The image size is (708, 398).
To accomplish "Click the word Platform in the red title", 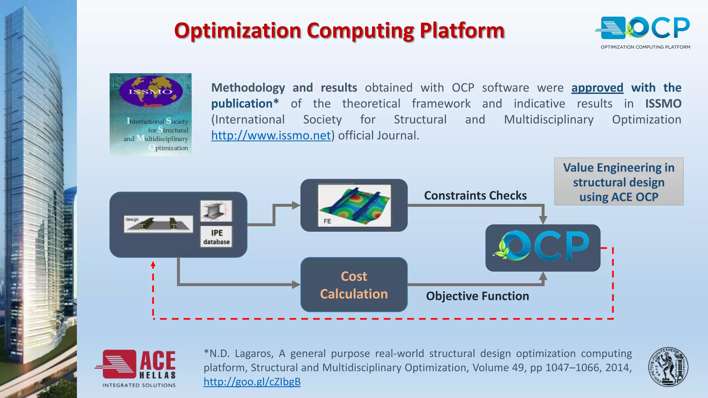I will [462, 31].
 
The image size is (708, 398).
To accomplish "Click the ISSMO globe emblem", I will [151, 91].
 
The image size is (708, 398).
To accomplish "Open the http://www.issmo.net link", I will [271, 135].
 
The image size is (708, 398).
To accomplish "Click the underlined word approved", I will [597, 88].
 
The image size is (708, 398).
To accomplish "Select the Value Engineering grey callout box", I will [618, 182].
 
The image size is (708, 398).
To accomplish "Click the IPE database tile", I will [216, 237].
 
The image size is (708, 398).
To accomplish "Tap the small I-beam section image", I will [216, 211].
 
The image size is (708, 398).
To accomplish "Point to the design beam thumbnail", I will [158, 224].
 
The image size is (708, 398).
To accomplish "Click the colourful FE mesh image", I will [354, 205].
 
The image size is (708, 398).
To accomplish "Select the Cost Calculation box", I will [354, 285].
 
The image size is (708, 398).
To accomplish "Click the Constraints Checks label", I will [475, 196].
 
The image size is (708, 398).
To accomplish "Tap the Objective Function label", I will [477, 296].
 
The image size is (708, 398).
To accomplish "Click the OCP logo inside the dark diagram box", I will [543, 247].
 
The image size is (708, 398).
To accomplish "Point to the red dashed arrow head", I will [153, 265].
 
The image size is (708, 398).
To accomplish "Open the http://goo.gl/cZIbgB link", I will [252, 382].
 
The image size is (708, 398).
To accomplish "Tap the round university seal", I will [668, 367].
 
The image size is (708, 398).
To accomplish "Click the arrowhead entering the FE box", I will [296, 205].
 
